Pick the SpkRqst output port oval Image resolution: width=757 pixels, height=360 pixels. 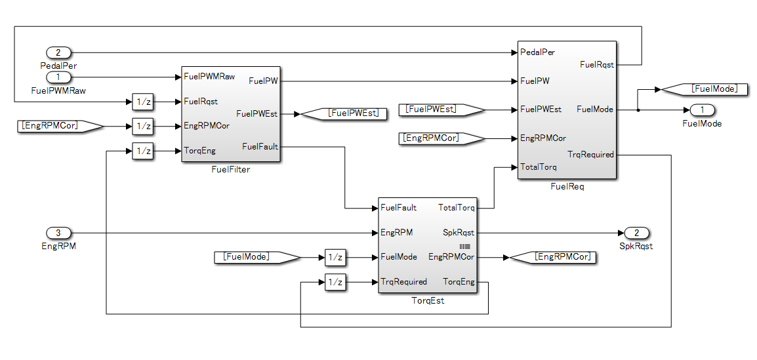click(636, 232)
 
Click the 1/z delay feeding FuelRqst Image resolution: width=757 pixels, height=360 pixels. click(142, 102)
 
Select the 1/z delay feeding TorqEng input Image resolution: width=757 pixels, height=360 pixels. click(142, 151)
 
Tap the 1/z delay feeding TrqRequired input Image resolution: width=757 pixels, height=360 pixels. click(335, 282)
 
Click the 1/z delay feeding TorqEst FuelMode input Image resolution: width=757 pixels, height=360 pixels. click(335, 257)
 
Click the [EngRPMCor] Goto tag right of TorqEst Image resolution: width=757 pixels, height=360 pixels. click(554, 257)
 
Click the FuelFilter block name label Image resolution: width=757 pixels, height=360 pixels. click(231, 169)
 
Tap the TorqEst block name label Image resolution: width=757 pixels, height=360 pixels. click(428, 300)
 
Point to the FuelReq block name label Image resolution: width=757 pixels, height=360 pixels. click(567, 186)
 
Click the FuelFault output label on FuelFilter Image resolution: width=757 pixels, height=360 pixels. click(260, 146)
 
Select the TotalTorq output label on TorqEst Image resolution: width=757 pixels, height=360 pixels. click(456, 208)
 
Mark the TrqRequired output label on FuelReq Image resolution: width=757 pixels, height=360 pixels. click(590, 155)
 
